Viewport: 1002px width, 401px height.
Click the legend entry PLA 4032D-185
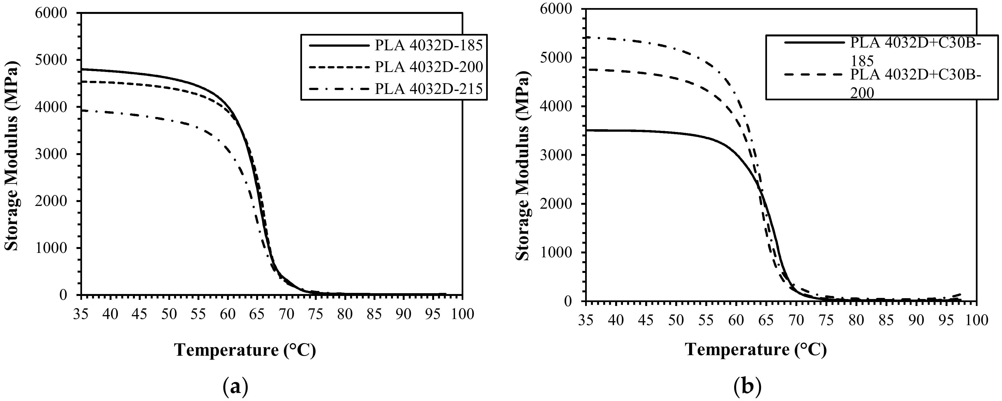tap(429, 46)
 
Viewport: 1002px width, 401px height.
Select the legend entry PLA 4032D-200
tap(429, 68)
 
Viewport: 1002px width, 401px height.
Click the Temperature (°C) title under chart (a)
tap(245, 350)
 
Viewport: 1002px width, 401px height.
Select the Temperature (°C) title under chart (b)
tap(755, 350)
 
